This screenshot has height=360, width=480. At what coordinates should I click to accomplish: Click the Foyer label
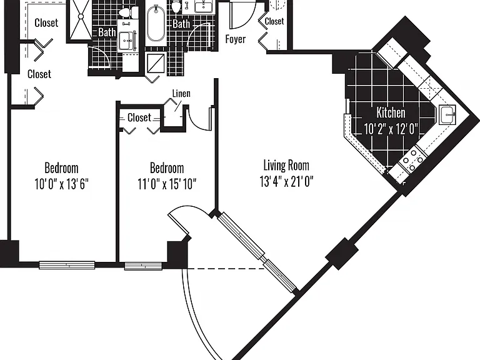click(236, 39)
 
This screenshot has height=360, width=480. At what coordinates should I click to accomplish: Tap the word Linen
click(181, 93)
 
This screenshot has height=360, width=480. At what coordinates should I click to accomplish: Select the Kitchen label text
click(391, 112)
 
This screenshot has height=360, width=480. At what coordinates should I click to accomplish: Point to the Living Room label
click(286, 165)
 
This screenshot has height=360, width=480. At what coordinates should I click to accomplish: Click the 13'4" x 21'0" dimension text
click(286, 181)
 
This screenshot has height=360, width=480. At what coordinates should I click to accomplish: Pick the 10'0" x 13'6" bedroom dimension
click(61, 184)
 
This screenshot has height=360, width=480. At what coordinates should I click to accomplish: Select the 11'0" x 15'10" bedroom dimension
click(167, 184)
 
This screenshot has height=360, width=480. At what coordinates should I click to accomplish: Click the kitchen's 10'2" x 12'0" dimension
click(391, 129)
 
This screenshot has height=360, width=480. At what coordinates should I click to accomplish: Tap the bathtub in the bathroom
click(156, 23)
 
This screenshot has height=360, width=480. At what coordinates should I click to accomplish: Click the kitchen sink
click(447, 114)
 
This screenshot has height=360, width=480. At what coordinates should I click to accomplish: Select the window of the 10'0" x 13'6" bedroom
click(67, 265)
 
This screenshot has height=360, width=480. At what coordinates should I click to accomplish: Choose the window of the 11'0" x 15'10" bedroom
click(143, 266)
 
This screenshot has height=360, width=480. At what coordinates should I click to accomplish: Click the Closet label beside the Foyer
click(274, 21)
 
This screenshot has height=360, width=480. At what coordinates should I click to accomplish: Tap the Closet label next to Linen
click(139, 117)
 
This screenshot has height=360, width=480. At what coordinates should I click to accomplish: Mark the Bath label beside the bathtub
click(181, 24)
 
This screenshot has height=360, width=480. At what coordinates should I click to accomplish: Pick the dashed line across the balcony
click(225, 269)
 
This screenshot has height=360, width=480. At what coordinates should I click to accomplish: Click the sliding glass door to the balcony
click(257, 252)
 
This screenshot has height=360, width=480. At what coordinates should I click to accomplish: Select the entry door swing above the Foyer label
click(242, 15)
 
